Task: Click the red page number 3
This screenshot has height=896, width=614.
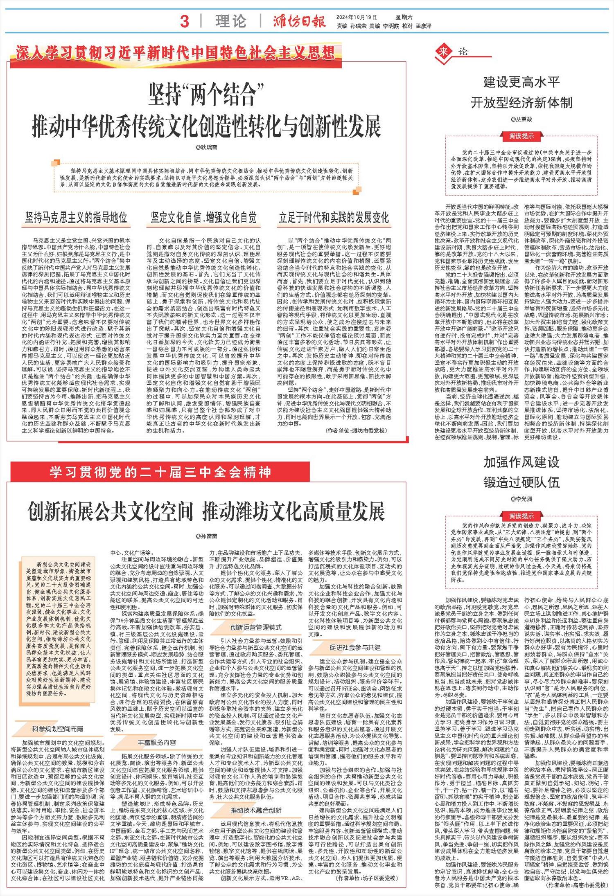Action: point(185,21)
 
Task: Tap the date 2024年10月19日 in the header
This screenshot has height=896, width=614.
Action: point(356,17)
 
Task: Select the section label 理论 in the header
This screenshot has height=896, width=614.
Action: point(231,21)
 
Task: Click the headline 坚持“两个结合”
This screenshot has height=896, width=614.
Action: point(206,94)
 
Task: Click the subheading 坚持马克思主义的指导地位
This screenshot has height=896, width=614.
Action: point(76,217)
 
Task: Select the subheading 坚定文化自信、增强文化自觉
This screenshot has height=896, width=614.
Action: point(203,217)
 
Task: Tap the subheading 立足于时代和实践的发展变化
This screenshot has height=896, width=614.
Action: point(334,217)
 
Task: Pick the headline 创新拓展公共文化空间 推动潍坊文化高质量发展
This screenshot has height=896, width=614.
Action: point(206,511)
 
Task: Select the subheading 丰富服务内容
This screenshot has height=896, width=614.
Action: point(157,743)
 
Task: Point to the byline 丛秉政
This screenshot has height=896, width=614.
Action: point(521,119)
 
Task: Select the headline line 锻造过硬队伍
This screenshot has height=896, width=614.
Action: point(521,483)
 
